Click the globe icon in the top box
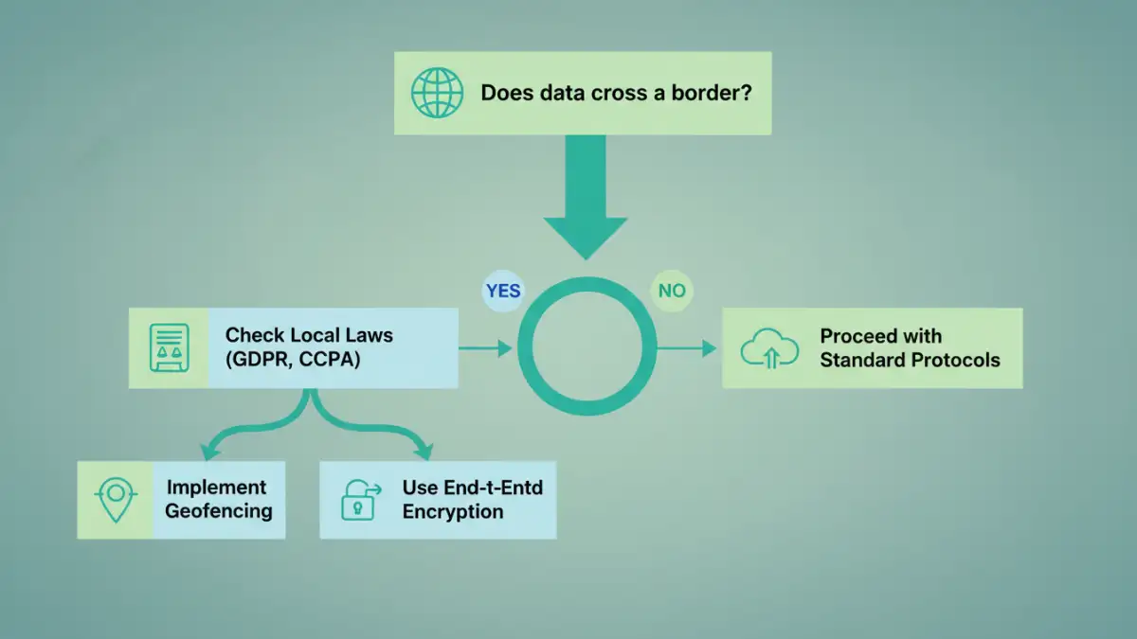tap(437, 93)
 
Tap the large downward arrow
tap(585, 199)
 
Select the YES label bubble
tap(502, 291)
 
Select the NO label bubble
tap(672, 291)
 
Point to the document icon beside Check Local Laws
tap(169, 347)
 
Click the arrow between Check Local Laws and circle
tap(485, 348)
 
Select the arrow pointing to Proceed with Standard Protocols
tap(687, 348)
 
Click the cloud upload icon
tap(767, 348)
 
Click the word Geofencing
tap(218, 511)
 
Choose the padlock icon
tap(357, 500)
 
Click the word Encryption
tap(453, 511)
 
